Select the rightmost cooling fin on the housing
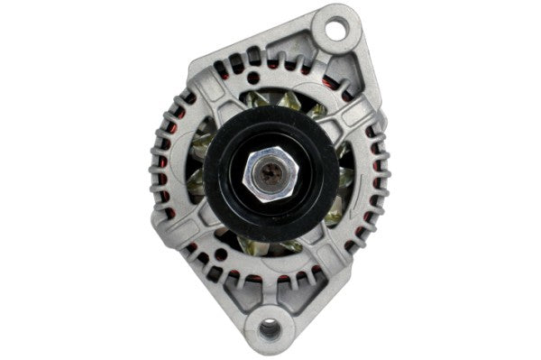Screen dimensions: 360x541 click(x=383, y=171)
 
